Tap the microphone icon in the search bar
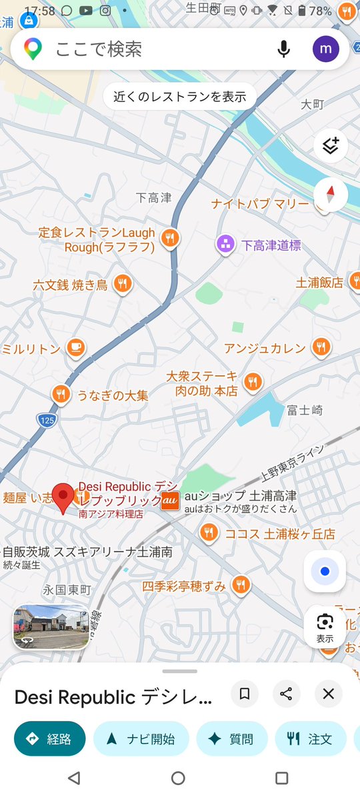(x=284, y=49)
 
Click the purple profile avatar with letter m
(x=326, y=49)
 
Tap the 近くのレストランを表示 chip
(x=180, y=97)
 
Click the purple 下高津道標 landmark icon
(x=225, y=245)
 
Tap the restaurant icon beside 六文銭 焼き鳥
(x=121, y=285)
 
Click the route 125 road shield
(x=47, y=420)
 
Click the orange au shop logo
(x=170, y=500)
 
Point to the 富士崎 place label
(x=305, y=410)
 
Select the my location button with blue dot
(x=325, y=571)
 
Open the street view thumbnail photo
(x=51, y=626)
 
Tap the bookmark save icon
(x=245, y=694)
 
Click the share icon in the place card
(x=286, y=694)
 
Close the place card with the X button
(x=328, y=694)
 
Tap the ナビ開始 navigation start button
(x=141, y=739)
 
